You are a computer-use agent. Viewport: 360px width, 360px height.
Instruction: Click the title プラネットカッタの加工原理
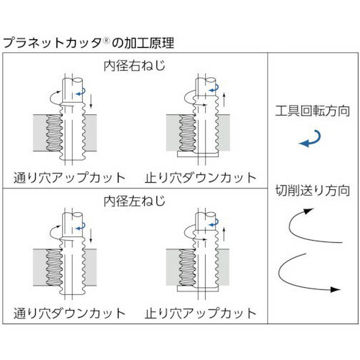(89, 43)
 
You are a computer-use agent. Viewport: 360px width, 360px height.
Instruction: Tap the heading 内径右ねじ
(134, 66)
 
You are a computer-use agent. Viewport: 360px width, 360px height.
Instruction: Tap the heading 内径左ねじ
(134, 201)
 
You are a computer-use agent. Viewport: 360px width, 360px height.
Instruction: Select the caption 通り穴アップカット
(69, 178)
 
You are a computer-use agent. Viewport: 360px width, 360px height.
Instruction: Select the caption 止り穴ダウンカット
(201, 178)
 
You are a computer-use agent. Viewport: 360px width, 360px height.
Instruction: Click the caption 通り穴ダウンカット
(69, 314)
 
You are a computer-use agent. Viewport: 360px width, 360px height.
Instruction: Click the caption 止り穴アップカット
(201, 314)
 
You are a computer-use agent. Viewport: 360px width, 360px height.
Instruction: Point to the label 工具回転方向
(313, 111)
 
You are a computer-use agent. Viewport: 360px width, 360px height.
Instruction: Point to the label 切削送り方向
(313, 191)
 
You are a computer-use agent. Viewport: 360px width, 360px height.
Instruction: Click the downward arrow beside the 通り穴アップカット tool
(91, 101)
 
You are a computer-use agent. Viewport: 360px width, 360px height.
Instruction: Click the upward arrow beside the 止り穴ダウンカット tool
(224, 100)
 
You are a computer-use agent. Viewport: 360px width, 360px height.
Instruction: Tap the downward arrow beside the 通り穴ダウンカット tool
(91, 236)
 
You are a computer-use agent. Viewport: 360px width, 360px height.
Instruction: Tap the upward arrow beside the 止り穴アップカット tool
(224, 234)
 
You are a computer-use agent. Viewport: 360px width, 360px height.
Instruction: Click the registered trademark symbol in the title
(106, 41)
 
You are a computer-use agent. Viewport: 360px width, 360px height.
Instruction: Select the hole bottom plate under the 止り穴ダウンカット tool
(198, 154)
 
